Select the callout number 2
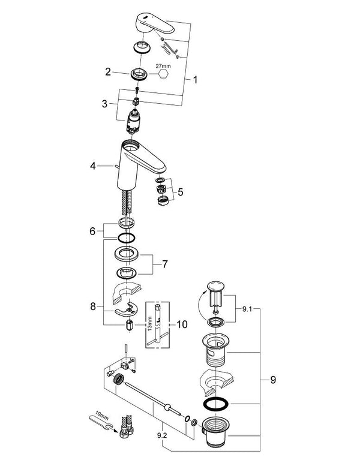tap(108, 73)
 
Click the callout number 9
tap(272, 380)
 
